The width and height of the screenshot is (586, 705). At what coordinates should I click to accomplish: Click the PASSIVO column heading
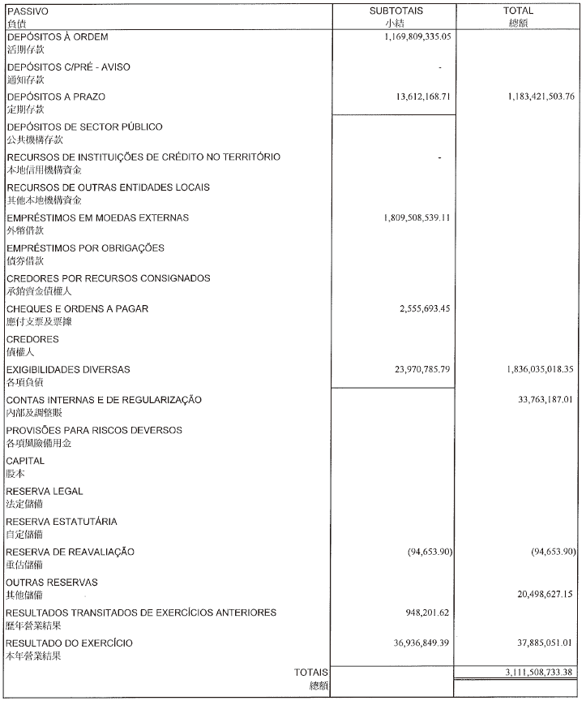click(x=27, y=12)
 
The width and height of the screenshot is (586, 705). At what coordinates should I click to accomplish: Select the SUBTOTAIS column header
click(x=396, y=11)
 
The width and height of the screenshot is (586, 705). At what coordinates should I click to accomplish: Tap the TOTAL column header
click(x=519, y=11)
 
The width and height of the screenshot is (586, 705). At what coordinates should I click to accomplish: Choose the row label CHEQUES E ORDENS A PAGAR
click(x=78, y=309)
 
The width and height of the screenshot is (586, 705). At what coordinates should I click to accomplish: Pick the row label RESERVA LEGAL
click(x=45, y=491)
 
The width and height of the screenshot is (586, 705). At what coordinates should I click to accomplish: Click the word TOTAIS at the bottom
click(x=311, y=672)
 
